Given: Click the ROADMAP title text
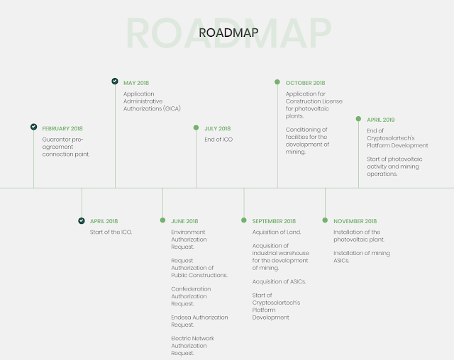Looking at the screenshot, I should coord(228,33).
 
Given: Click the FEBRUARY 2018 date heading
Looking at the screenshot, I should coord(62,128).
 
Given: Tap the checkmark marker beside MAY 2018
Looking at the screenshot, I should coord(115,81).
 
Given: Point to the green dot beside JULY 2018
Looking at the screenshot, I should coord(196,128).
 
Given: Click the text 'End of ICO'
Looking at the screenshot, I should coord(218,140).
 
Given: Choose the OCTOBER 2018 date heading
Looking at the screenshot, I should coord(305,83).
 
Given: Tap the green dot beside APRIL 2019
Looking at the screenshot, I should coord(358,119).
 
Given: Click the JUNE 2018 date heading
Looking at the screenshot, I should coord(184,221).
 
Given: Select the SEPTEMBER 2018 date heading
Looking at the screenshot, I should coord(274,221).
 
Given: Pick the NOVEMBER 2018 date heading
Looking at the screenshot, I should coord(355,221).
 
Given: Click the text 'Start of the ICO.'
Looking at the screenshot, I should coord(111,232).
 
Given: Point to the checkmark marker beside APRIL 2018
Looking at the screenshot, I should coord(82,220).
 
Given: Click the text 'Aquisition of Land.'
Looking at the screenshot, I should coord(277,232).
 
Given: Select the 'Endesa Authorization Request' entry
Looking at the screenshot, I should coord(199,321).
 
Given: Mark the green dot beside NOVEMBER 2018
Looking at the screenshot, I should coord(326,220).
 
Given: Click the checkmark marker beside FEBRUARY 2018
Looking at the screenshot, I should coord(33,127).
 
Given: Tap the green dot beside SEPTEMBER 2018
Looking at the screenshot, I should coord(244,220).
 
